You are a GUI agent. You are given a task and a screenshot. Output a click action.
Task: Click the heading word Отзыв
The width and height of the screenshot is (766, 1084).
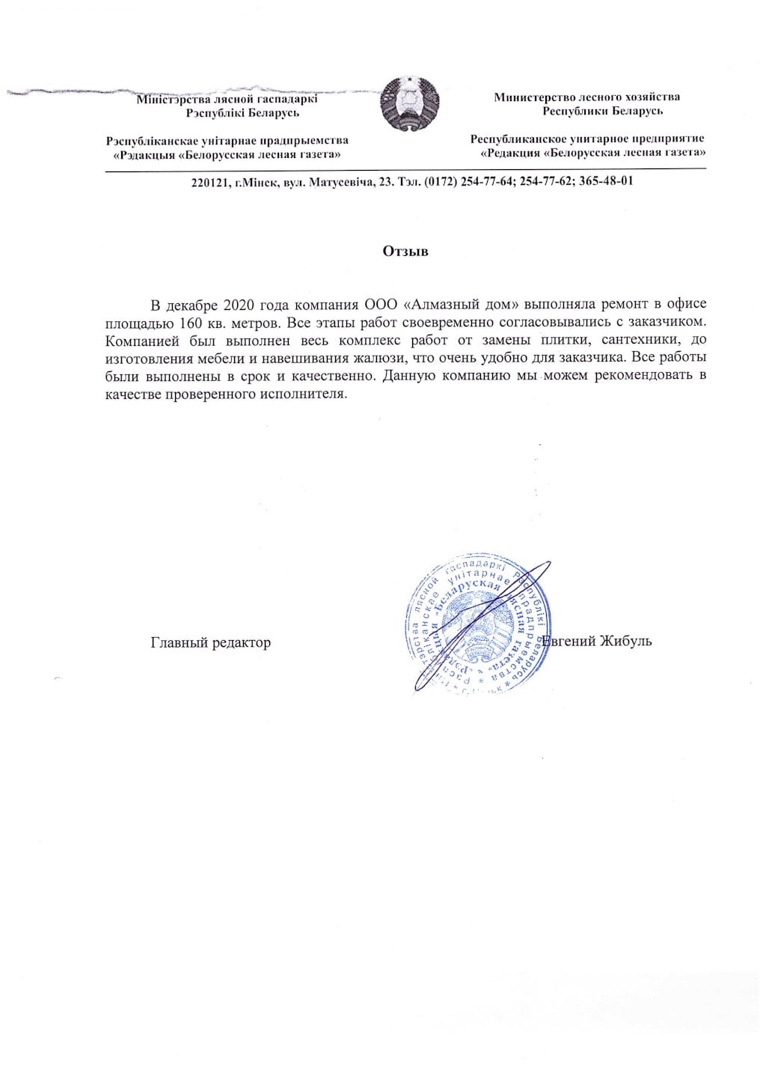pyautogui.click(x=405, y=251)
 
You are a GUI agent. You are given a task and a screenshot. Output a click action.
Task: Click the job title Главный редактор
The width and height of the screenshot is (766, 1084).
pyautogui.click(x=210, y=642)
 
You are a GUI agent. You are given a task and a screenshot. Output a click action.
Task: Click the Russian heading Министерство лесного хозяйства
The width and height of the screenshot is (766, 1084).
pyautogui.click(x=586, y=97)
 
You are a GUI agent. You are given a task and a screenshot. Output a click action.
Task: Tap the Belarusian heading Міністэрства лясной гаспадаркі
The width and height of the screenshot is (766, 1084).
pyautogui.click(x=227, y=99)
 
